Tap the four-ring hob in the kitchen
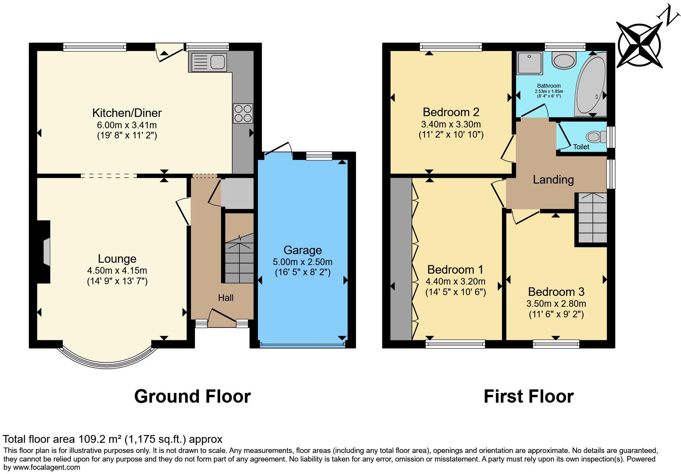point(243,113)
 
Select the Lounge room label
point(117,259)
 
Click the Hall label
point(226,298)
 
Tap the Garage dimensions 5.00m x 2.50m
point(302,262)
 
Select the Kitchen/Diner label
point(127,113)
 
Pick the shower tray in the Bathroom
point(529,63)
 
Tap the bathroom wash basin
point(564,61)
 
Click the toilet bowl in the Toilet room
point(593,137)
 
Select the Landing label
point(553,180)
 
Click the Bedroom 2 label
point(451,112)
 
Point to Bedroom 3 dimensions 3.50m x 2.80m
point(556,304)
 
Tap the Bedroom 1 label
point(455,269)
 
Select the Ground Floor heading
point(192,396)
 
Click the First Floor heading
point(528,396)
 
